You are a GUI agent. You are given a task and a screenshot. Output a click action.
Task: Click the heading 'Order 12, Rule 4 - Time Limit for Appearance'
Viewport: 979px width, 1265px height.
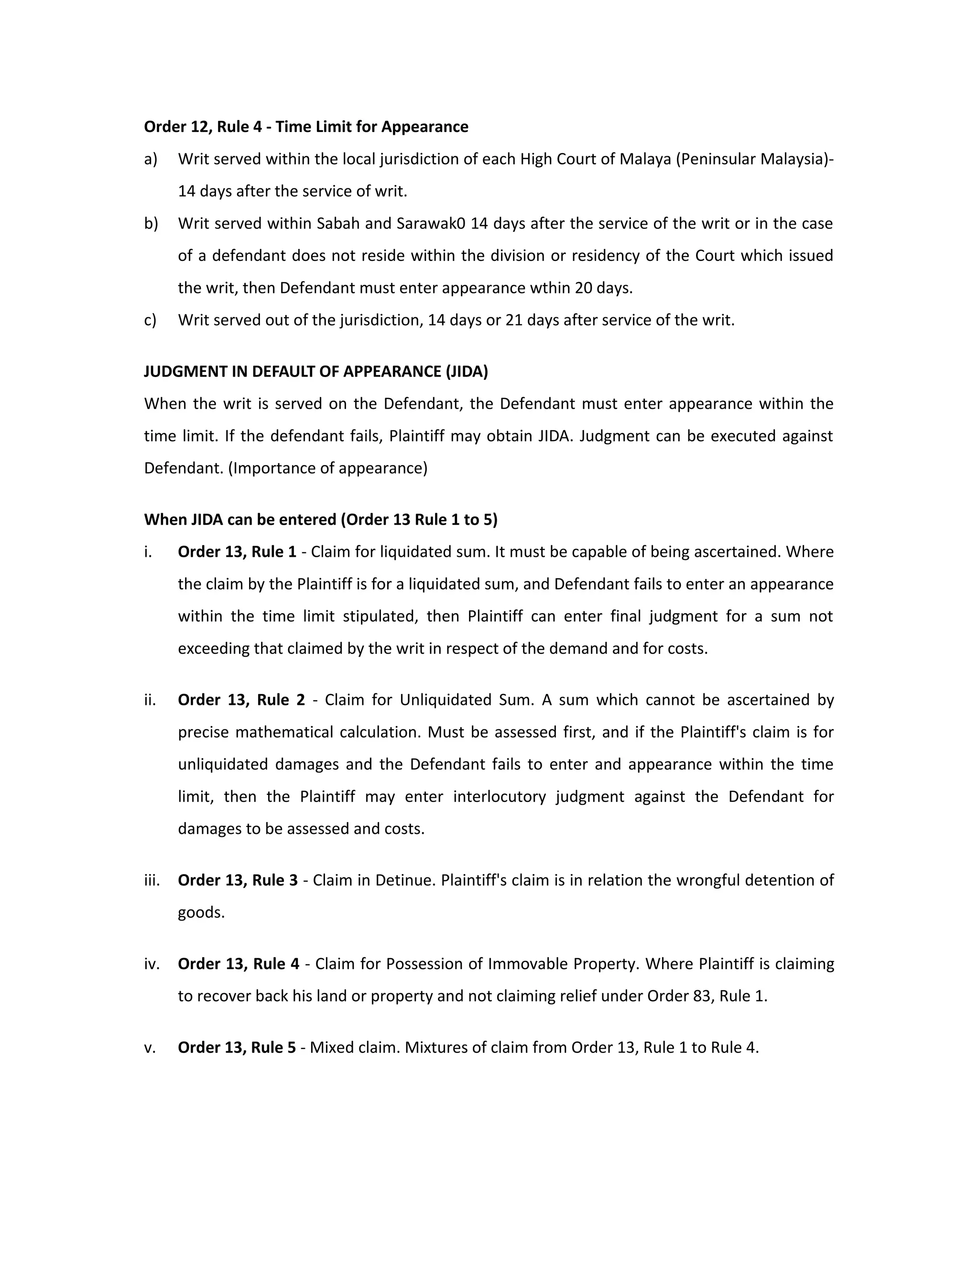click(x=306, y=127)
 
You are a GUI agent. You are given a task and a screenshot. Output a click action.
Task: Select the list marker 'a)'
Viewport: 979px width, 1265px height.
click(x=151, y=159)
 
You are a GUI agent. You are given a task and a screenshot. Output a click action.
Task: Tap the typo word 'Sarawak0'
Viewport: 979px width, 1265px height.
click(x=431, y=224)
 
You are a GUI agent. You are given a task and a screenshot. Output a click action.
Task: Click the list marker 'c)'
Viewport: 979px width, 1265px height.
click(x=150, y=320)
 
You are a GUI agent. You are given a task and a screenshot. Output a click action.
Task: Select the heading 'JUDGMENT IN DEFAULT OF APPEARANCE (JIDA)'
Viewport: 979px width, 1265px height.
click(x=315, y=371)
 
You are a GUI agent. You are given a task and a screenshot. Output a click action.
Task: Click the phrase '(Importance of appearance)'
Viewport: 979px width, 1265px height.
click(x=327, y=468)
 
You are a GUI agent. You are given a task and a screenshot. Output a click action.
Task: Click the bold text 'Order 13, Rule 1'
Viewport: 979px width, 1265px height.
click(x=237, y=552)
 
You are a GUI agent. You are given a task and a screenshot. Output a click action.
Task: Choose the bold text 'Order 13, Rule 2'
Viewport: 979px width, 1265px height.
click(x=241, y=700)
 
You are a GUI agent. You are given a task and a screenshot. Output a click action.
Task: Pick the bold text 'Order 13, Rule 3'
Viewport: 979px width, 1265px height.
click(x=238, y=880)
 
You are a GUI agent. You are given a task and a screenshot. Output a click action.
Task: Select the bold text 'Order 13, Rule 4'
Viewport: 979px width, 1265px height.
click(x=238, y=964)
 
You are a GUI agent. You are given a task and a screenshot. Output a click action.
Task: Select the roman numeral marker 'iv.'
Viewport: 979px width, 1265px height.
click(x=152, y=964)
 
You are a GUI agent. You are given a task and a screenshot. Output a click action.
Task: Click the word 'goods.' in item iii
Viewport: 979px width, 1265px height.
click(x=201, y=912)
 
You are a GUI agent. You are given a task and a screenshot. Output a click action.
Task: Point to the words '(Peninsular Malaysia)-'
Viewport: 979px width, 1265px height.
click(x=755, y=159)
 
